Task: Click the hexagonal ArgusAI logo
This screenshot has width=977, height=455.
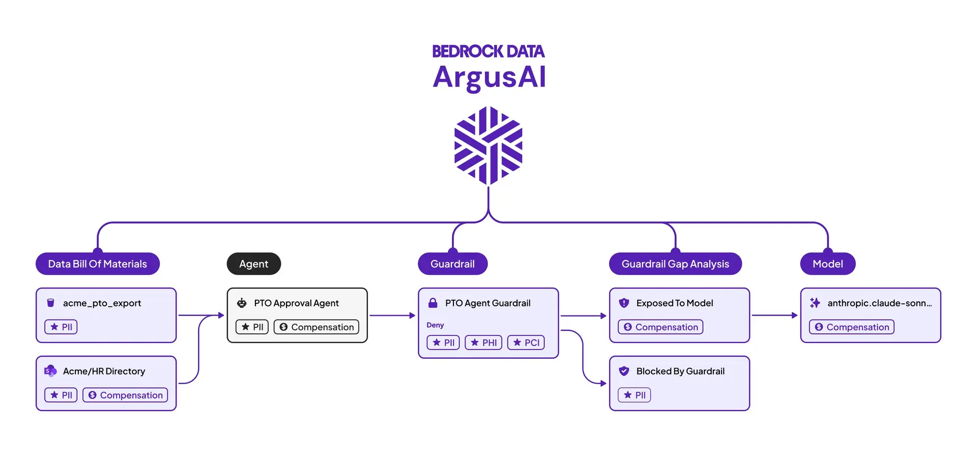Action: pos(489,146)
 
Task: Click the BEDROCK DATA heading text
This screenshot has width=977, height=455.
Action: pos(489,51)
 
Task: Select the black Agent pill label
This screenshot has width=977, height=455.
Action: pos(253,264)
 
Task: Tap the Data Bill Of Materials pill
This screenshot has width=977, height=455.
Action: pos(98,264)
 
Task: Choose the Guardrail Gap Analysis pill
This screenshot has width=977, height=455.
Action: pos(675,264)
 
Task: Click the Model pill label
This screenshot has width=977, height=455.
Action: pos(827,264)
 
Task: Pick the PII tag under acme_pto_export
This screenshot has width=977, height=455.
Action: pos(61,327)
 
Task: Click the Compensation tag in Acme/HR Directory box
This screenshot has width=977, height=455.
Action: pos(125,395)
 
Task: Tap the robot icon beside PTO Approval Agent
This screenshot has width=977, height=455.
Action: pos(242,303)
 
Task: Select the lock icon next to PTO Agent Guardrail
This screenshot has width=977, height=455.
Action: pos(433,303)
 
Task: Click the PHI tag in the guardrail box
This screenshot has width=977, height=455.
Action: pos(483,343)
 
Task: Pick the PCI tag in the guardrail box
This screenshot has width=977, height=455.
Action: pos(526,343)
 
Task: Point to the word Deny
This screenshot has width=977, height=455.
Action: pos(435,325)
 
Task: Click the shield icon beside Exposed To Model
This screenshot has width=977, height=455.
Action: pos(624,303)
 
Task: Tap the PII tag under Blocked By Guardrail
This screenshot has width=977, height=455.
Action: pos(635,395)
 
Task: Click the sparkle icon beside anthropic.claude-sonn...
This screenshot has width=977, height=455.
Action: pos(815,303)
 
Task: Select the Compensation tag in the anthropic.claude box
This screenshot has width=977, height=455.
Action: pos(852,327)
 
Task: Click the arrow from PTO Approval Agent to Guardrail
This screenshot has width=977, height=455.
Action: pos(392,316)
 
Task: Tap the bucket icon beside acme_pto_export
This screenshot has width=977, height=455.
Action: pos(50,303)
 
